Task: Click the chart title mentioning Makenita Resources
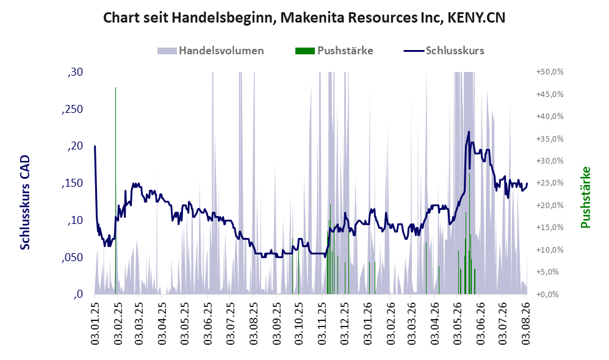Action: (x=304, y=18)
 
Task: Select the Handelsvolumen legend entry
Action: (x=211, y=51)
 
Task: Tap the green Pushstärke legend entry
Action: (x=334, y=51)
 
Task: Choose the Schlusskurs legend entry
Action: (x=444, y=51)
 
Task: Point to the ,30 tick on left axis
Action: (x=75, y=72)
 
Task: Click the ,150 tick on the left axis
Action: (x=72, y=183)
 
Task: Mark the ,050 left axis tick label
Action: (x=72, y=257)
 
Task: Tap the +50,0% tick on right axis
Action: (x=550, y=72)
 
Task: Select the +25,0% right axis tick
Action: (x=550, y=183)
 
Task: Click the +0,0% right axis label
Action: (x=547, y=294)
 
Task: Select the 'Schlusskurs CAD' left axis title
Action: (x=25, y=203)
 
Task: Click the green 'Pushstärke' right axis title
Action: (x=585, y=197)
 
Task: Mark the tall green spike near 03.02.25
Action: (x=115, y=190)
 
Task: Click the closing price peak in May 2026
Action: (x=469, y=132)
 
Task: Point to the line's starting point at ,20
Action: (x=95, y=146)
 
